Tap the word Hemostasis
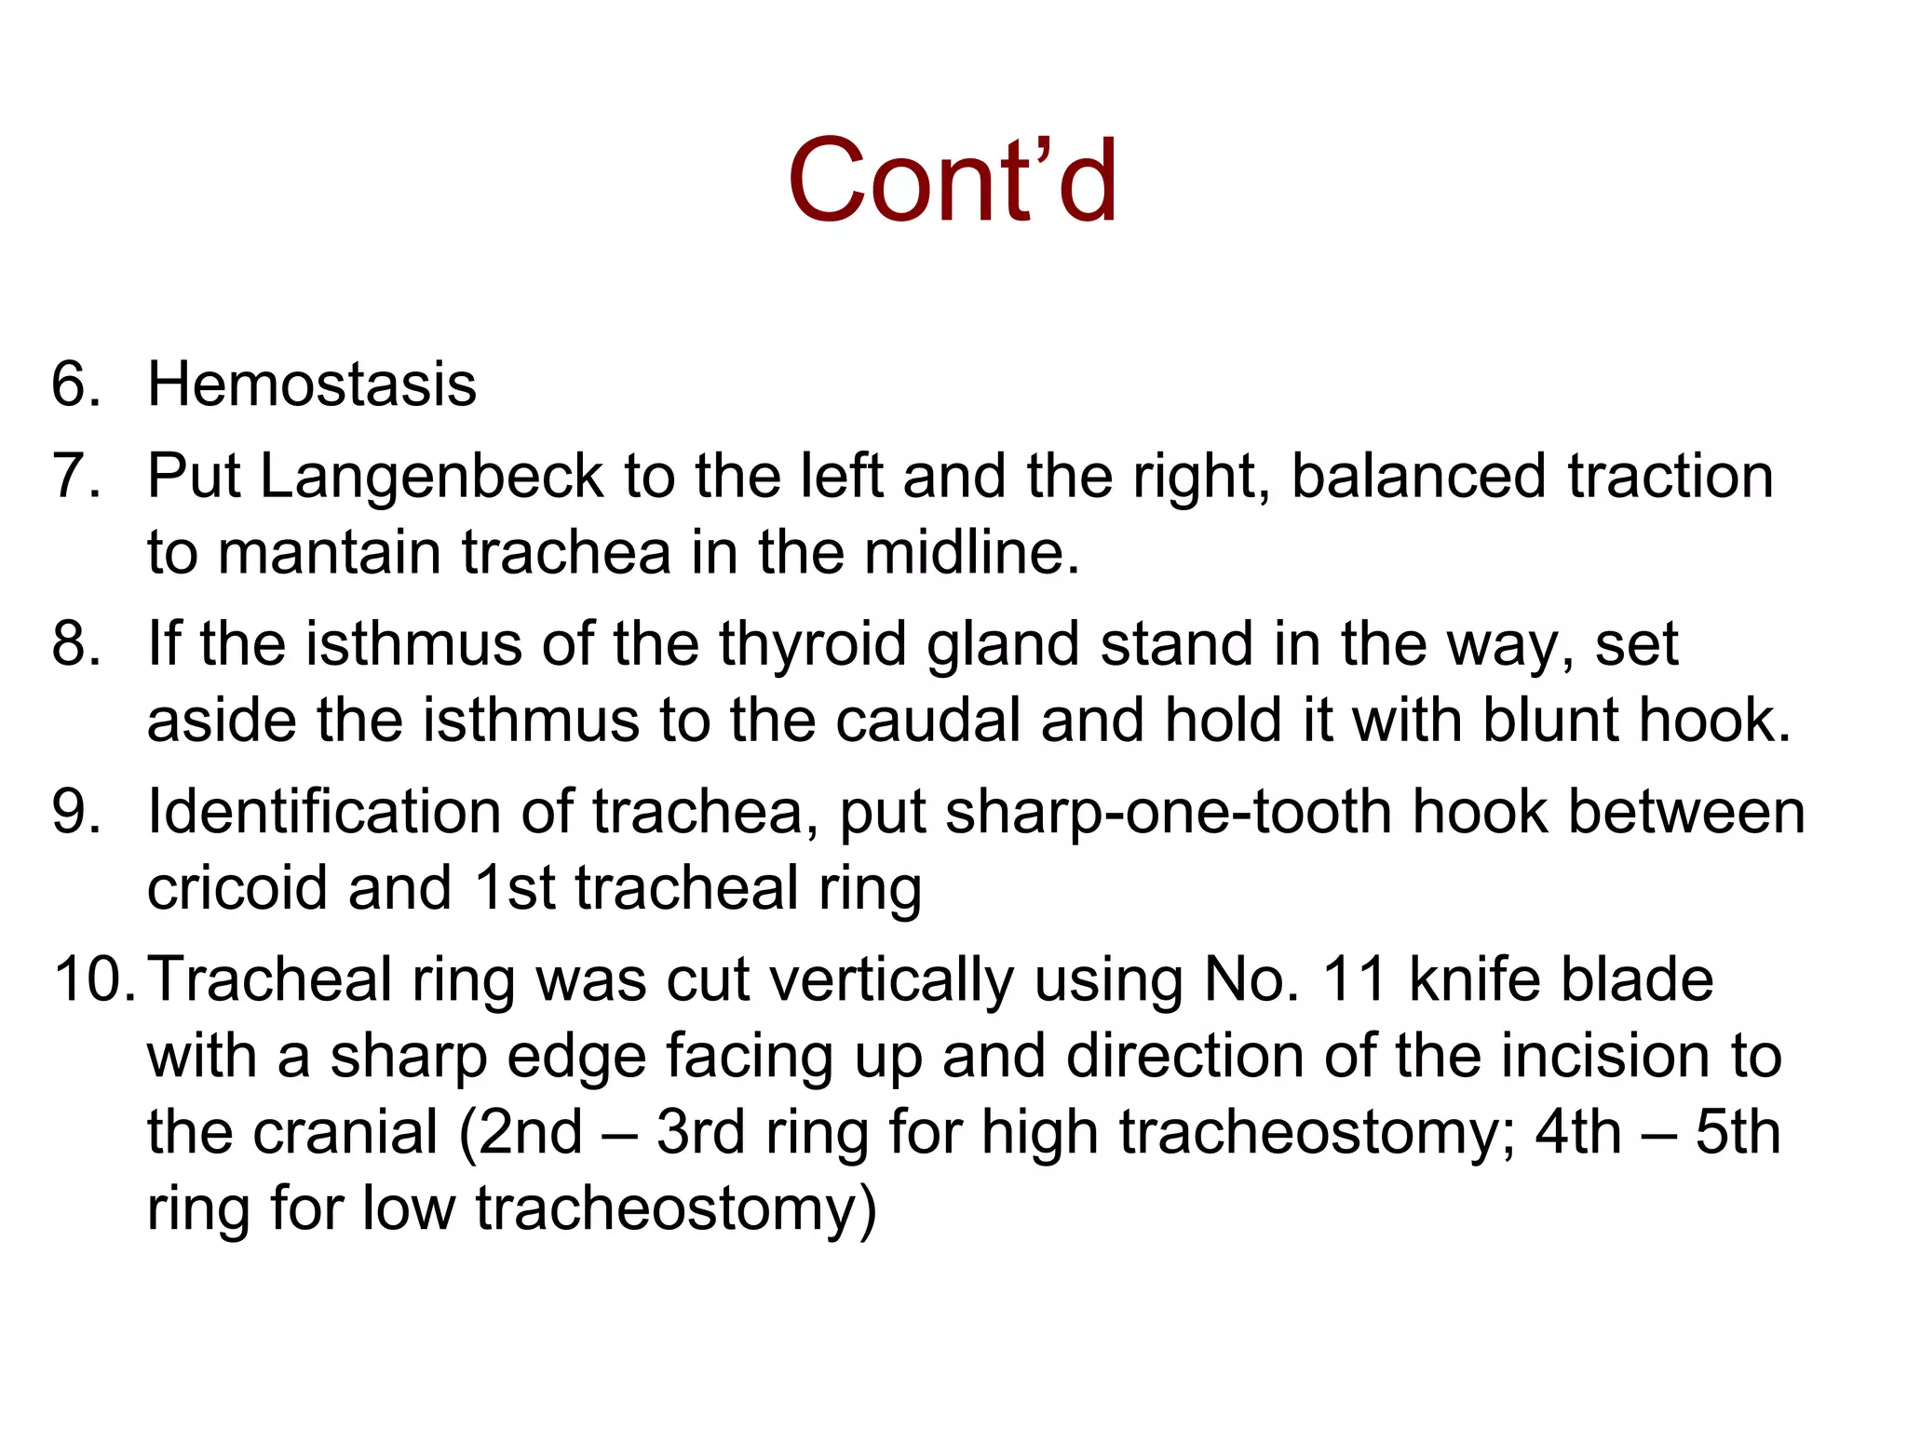(312, 384)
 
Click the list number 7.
(74, 476)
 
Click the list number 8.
(74, 643)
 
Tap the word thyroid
(812, 643)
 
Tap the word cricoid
(237, 887)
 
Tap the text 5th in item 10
(1738, 1132)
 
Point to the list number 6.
(74, 384)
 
